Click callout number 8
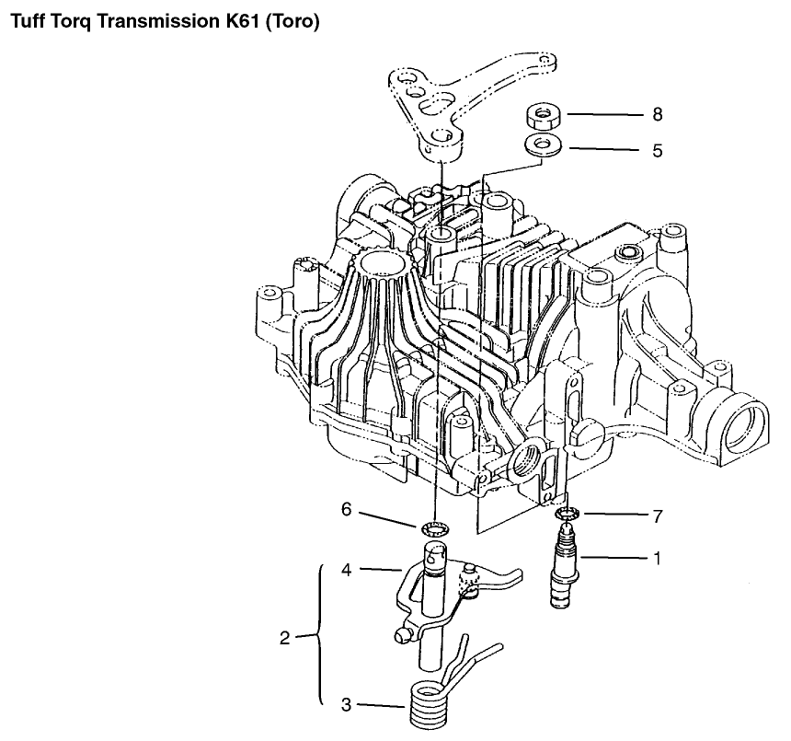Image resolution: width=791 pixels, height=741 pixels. point(657,114)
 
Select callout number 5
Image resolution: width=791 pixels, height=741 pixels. point(657,150)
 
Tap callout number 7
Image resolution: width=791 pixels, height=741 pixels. point(657,516)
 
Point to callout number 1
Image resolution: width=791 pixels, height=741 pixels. point(657,558)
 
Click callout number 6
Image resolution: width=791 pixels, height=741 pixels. point(346,509)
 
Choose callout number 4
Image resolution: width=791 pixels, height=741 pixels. point(346,570)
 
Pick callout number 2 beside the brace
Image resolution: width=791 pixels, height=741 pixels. point(284,638)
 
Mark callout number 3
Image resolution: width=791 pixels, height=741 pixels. point(346,704)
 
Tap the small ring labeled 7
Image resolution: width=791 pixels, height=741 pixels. point(567,514)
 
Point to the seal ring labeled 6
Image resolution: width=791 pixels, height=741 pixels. point(434,529)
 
